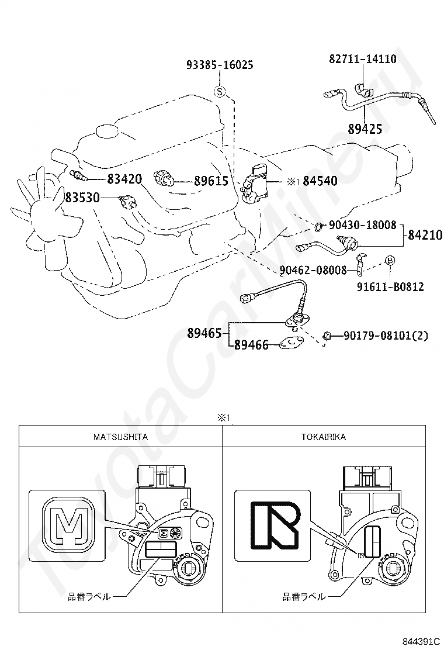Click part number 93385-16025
point(220,65)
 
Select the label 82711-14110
point(363,59)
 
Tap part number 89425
point(365,129)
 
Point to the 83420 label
point(124,179)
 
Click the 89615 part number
point(211,181)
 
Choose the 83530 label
point(82,198)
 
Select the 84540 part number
point(320,181)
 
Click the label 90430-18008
point(363,225)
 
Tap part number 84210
point(425,234)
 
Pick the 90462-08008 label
point(313,270)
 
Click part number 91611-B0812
point(391,287)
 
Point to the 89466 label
point(251,344)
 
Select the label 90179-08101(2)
point(386,336)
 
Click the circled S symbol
point(220,91)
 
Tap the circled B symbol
point(390,260)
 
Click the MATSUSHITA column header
point(120,437)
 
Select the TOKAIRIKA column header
point(324,437)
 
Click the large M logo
point(69,524)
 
